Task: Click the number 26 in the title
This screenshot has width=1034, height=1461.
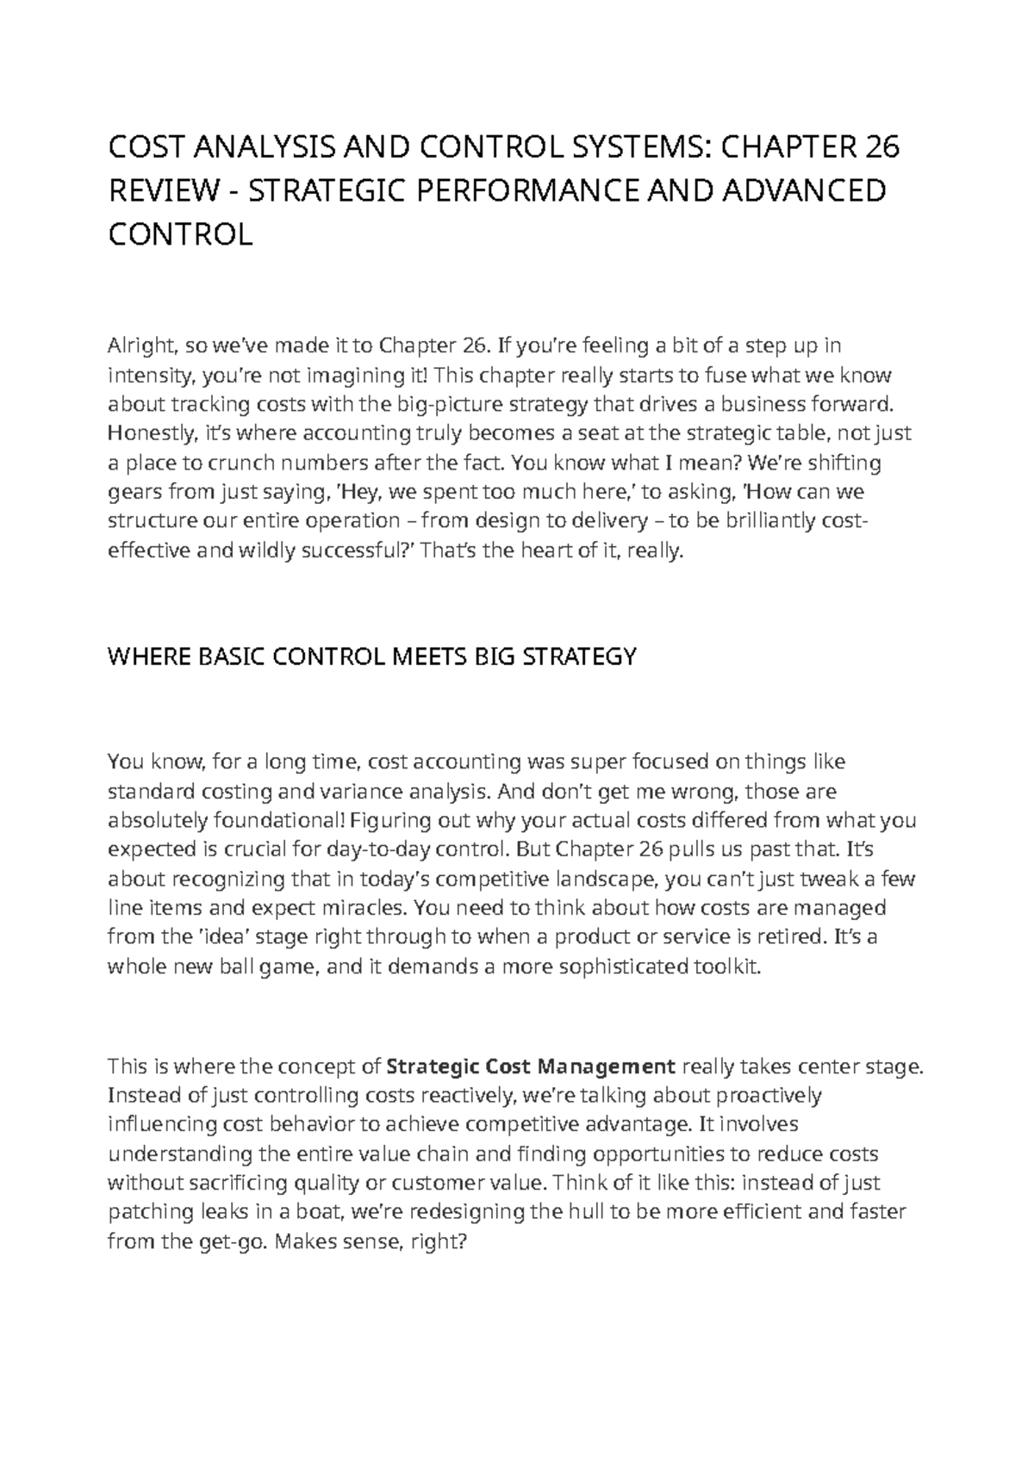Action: [881, 148]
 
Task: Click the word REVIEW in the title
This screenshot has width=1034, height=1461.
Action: [162, 191]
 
